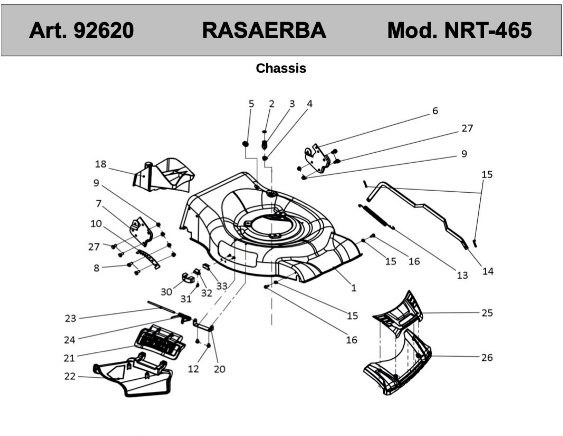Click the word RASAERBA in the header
click(264, 30)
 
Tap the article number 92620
click(104, 30)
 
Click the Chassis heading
click(281, 68)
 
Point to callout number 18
click(100, 164)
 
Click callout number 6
click(435, 111)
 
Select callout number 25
click(487, 313)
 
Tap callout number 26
click(487, 357)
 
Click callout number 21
click(69, 358)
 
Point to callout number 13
click(462, 275)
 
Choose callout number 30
click(166, 292)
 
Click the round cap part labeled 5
click(245, 144)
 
